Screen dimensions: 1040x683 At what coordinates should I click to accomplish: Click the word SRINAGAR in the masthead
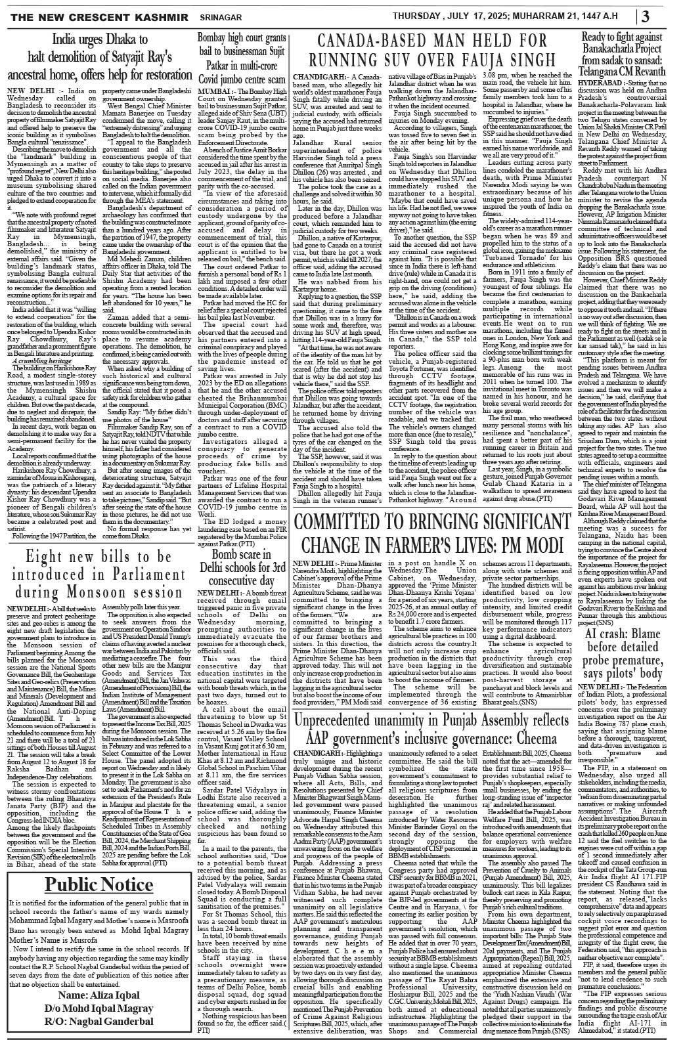[x=188, y=14]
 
